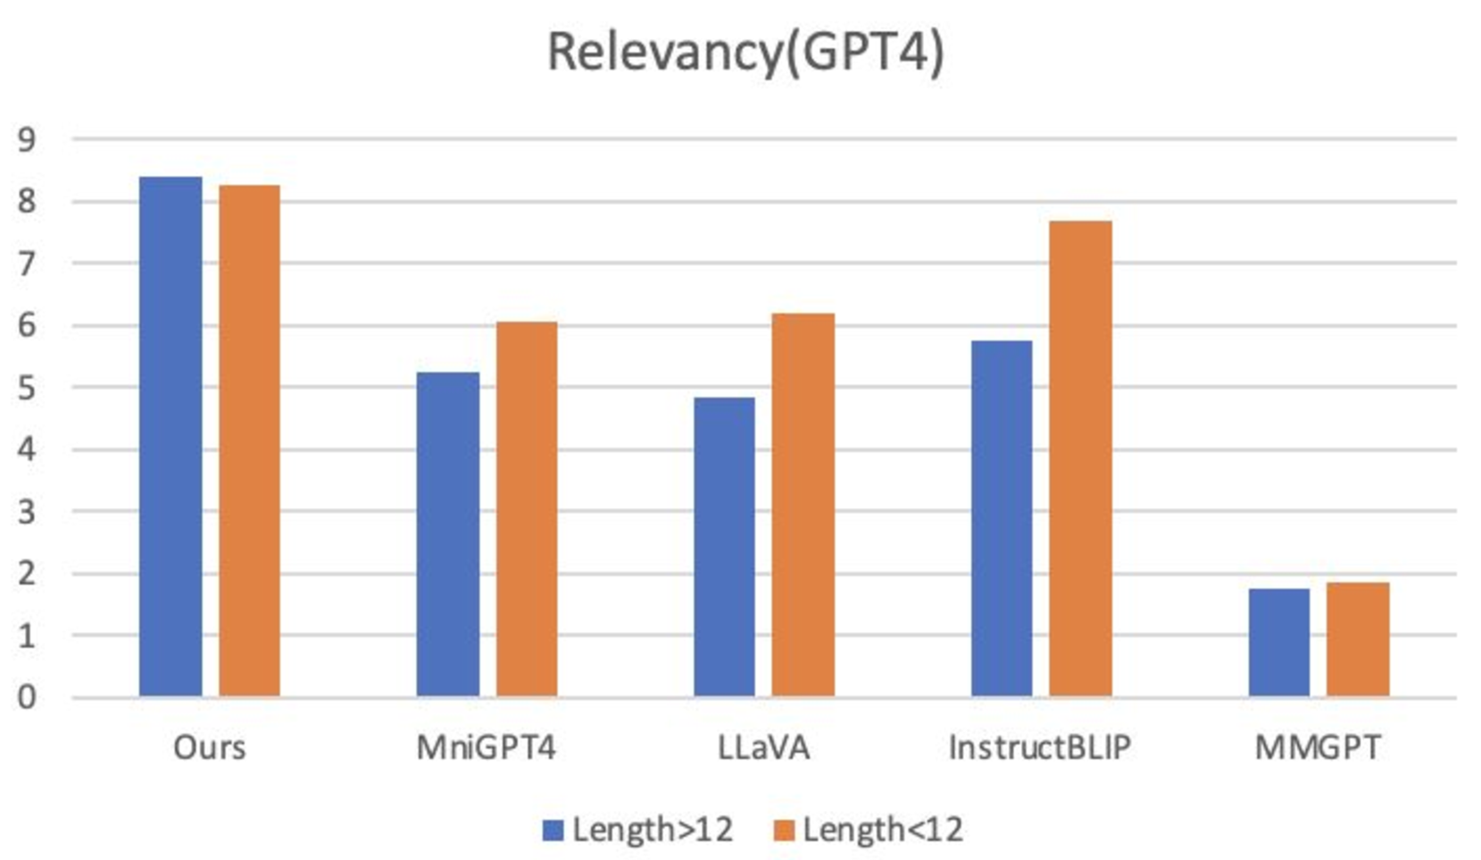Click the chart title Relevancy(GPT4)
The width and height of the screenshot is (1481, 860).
[745, 52]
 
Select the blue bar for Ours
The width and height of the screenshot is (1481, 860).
[171, 438]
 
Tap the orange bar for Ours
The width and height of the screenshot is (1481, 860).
[249, 442]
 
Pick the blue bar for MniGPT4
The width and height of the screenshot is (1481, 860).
[447, 534]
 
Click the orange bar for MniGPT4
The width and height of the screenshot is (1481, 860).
[527, 509]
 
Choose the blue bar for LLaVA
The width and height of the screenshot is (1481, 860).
[724, 547]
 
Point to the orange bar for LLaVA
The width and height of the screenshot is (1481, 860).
[803, 505]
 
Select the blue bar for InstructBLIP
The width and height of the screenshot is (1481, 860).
[1002, 518]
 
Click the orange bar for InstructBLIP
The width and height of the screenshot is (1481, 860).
[1080, 459]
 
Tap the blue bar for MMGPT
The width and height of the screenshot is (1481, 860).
[1278, 642]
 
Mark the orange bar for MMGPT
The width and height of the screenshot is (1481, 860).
[1357, 639]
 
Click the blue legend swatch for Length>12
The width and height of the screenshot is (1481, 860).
[553, 831]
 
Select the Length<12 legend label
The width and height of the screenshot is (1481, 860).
[882, 830]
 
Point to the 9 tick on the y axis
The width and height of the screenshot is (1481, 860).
[27, 140]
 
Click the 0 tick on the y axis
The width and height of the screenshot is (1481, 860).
[27, 697]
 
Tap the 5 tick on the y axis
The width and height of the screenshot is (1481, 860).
[27, 388]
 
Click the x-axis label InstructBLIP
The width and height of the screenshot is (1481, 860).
[1040, 747]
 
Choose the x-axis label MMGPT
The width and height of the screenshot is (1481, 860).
[1318, 747]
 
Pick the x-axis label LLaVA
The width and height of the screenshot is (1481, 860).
[763, 747]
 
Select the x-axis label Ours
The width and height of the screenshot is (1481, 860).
[210, 747]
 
